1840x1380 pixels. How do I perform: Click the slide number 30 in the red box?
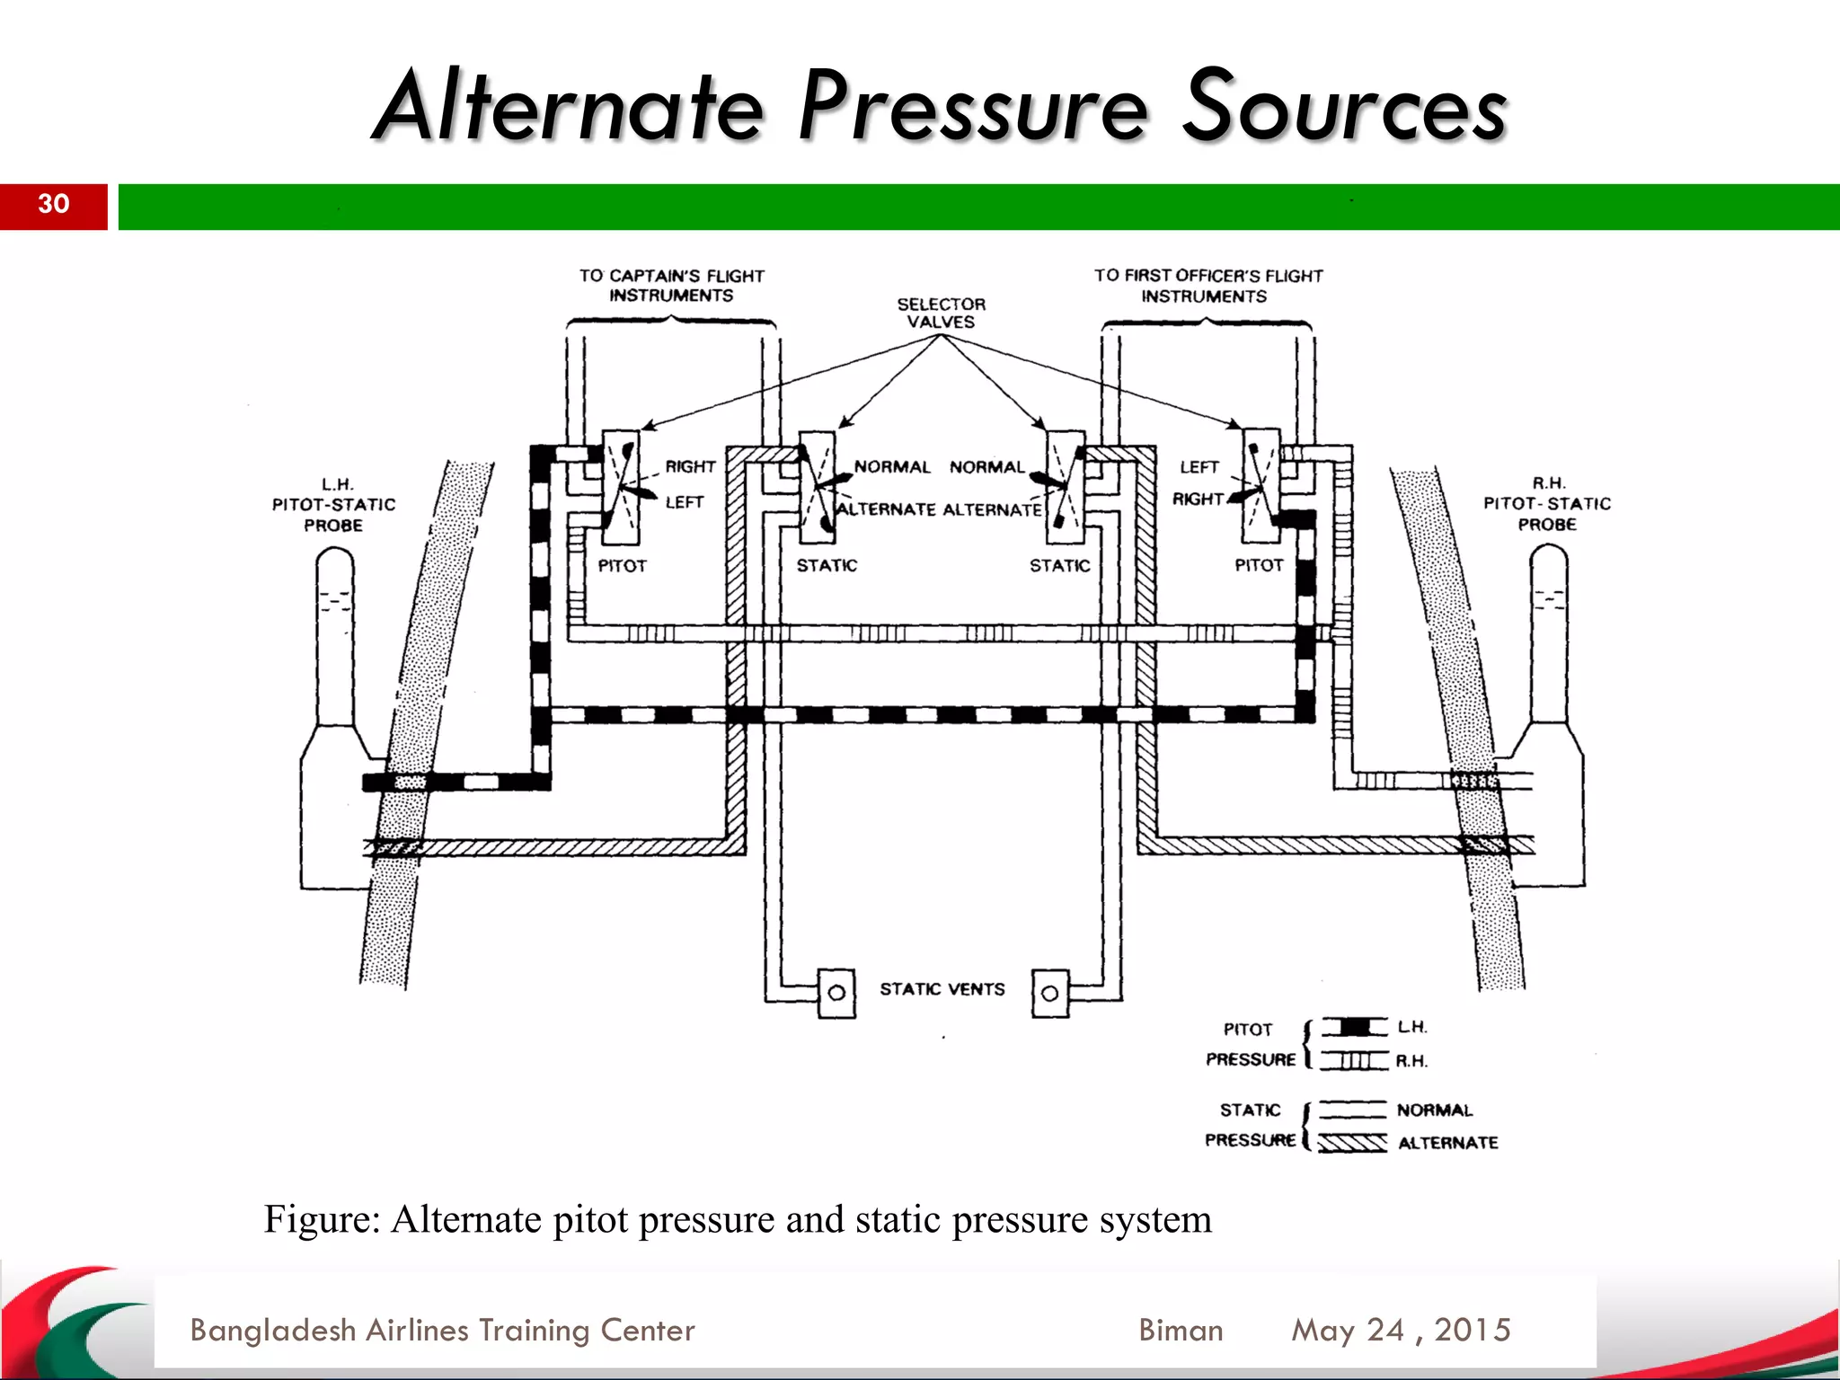[x=53, y=204]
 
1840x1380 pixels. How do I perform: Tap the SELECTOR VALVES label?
[x=941, y=313]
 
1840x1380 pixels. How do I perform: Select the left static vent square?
[x=836, y=993]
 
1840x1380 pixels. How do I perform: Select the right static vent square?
[x=1049, y=993]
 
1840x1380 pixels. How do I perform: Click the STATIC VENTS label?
[x=942, y=989]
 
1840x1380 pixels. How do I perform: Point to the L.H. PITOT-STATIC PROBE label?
[x=333, y=505]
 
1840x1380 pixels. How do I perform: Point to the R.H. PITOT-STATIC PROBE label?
[x=1546, y=504]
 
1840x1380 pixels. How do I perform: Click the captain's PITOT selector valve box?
[x=621, y=488]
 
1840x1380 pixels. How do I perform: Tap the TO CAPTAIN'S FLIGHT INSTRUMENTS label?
[x=671, y=286]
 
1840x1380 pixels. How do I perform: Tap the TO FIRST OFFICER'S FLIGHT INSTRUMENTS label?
[x=1207, y=286]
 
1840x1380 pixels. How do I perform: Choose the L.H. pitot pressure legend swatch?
[x=1354, y=1027]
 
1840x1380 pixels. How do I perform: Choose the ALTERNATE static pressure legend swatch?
[x=1353, y=1143]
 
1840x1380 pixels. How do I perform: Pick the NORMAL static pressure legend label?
[x=1434, y=1110]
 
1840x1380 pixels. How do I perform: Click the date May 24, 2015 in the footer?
[x=1401, y=1330]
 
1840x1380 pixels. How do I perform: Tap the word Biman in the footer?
[x=1181, y=1330]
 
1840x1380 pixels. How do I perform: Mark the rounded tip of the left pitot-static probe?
[x=335, y=562]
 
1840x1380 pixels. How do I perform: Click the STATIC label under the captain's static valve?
[x=827, y=565]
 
